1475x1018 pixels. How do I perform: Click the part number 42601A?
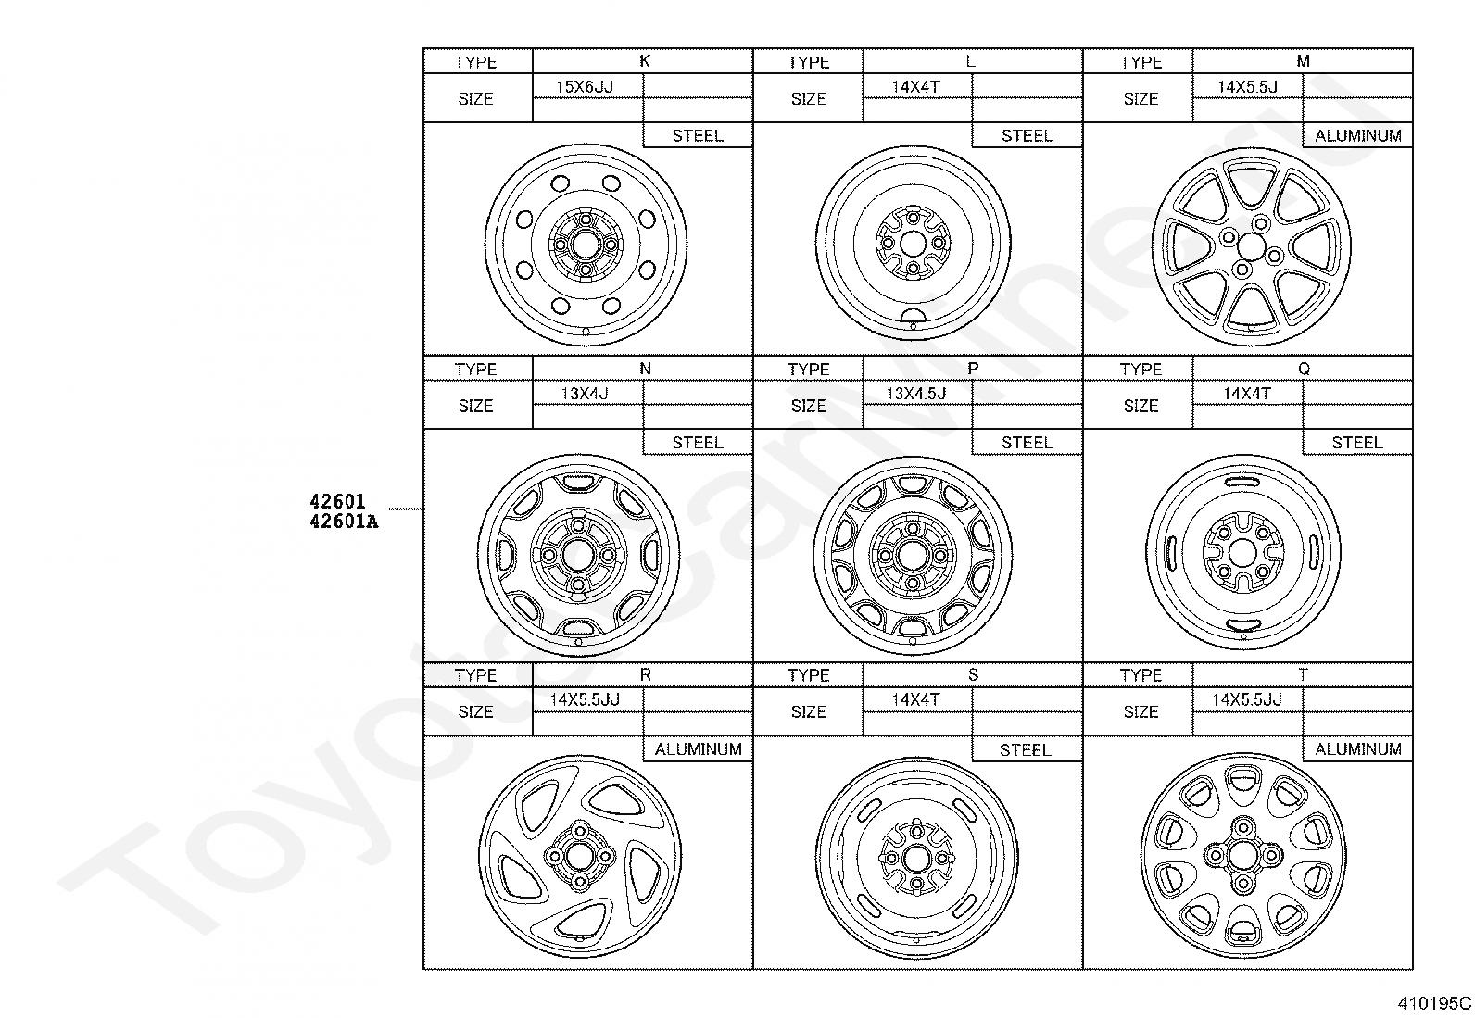(344, 522)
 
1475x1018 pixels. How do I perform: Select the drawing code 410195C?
(1433, 1003)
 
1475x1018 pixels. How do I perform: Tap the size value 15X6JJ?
(584, 86)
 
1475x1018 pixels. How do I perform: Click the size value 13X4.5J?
(916, 393)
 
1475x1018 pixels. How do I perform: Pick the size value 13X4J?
(584, 393)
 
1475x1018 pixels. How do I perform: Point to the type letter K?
(645, 61)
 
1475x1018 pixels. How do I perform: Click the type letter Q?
(1304, 369)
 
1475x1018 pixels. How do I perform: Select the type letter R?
(645, 674)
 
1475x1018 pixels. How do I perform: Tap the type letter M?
(1303, 61)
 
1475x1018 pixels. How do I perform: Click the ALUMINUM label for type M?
(1357, 135)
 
